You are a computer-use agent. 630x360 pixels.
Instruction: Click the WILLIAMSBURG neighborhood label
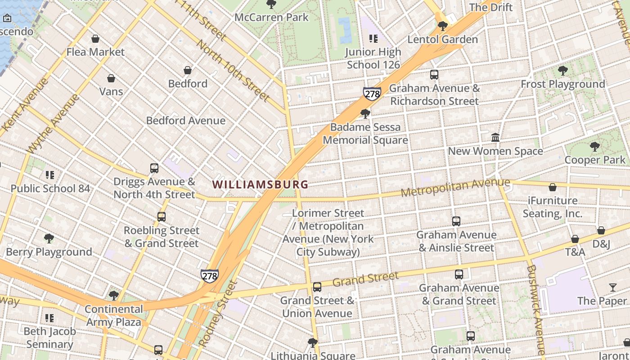pyautogui.click(x=260, y=184)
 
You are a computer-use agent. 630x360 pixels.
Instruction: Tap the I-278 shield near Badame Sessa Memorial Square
pyautogui.click(x=372, y=94)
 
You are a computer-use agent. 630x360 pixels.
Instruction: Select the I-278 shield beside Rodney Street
pyautogui.click(x=210, y=276)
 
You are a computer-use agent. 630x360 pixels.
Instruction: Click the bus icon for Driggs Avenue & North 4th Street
pyautogui.click(x=154, y=168)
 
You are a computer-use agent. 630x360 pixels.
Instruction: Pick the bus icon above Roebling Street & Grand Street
pyautogui.click(x=162, y=217)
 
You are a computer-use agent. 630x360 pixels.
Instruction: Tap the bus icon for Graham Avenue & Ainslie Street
pyautogui.click(x=456, y=221)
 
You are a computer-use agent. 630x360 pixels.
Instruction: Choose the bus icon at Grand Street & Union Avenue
pyautogui.click(x=317, y=287)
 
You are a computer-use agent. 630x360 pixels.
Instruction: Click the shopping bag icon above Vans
pyautogui.click(x=111, y=78)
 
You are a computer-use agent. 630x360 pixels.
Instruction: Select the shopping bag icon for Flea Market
pyautogui.click(x=95, y=39)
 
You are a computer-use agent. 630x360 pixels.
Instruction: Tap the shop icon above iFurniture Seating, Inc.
pyautogui.click(x=553, y=187)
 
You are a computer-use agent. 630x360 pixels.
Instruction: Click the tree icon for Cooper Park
pyautogui.click(x=595, y=146)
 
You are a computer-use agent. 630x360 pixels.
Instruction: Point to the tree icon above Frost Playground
pyautogui.click(x=562, y=71)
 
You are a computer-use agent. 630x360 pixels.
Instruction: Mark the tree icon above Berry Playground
pyautogui.click(x=49, y=238)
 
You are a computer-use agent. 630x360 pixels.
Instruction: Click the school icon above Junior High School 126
pyautogui.click(x=373, y=39)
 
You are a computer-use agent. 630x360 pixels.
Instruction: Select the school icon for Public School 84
pyautogui.click(x=50, y=175)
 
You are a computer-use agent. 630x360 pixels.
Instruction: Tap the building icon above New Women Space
pyautogui.click(x=495, y=137)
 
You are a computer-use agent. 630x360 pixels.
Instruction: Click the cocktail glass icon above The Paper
pyautogui.click(x=612, y=287)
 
